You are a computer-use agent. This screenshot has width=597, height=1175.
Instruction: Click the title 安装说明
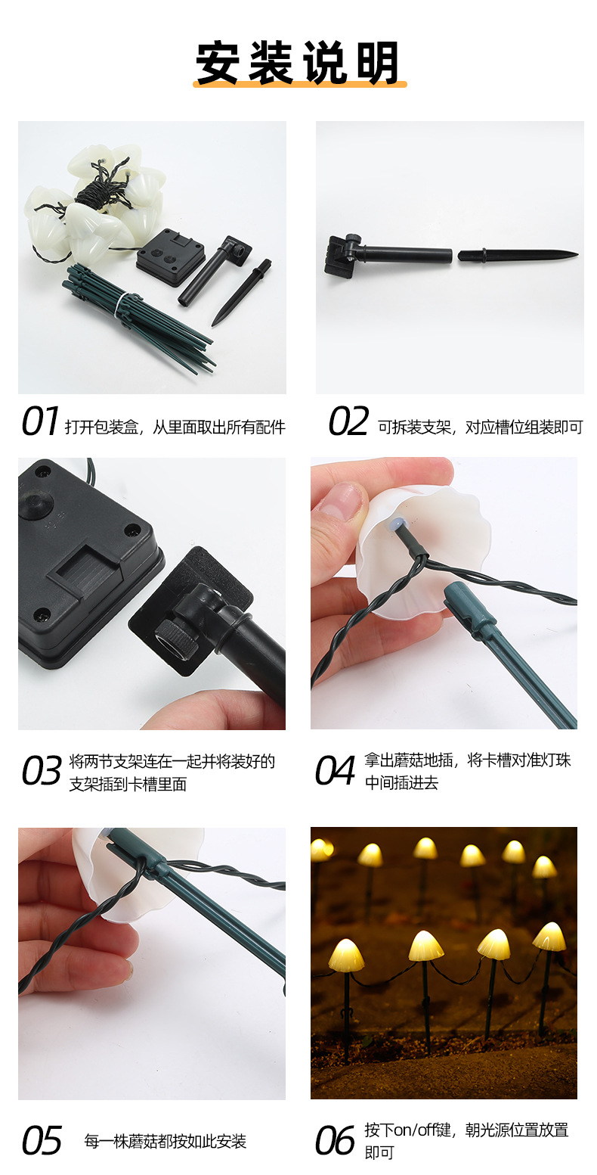(298, 62)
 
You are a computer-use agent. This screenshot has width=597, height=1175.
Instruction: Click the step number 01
(39, 422)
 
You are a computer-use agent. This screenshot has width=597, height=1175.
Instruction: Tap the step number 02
(348, 422)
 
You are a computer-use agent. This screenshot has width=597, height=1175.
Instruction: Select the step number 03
(41, 771)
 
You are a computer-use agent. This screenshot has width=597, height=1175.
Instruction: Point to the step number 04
(335, 771)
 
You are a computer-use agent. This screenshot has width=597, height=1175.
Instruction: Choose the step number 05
(41, 1141)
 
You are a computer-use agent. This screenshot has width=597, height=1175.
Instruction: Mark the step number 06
(335, 1141)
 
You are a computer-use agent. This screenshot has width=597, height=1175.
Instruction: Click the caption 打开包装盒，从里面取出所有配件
(175, 427)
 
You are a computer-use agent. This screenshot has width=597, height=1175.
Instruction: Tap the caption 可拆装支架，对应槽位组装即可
(481, 427)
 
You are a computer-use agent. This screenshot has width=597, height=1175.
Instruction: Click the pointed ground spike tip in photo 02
(567, 254)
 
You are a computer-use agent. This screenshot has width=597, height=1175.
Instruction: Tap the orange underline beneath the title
(299, 83)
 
